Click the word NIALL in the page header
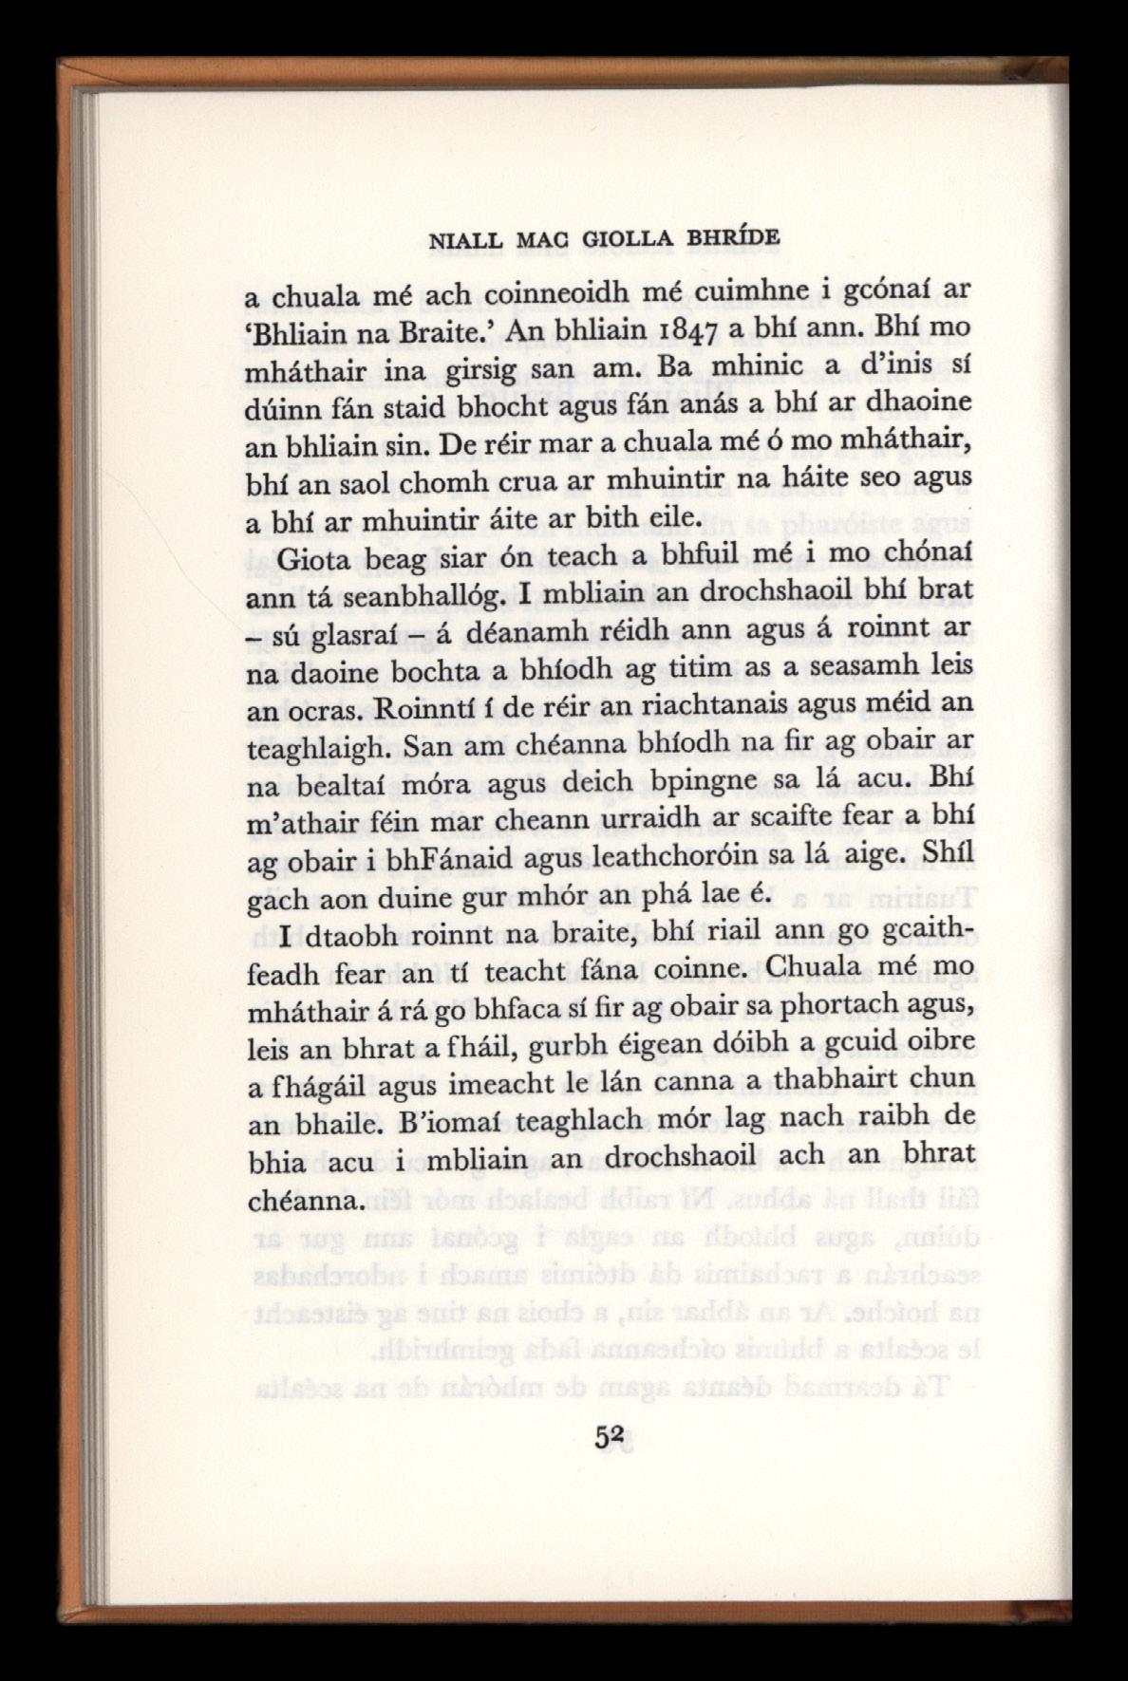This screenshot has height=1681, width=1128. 465,241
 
